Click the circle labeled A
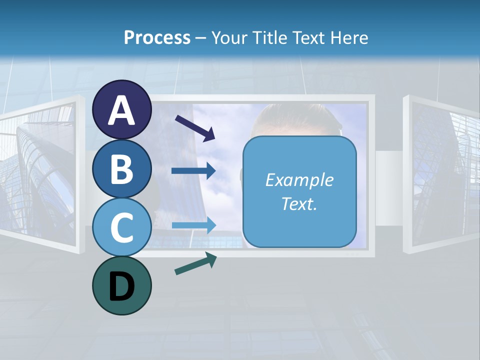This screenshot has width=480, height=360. (122, 109)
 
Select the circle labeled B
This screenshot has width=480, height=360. (122, 168)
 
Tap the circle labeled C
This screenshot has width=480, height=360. (122, 227)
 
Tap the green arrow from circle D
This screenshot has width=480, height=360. (195, 263)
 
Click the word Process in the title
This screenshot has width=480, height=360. (157, 37)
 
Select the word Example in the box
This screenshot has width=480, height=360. (299, 180)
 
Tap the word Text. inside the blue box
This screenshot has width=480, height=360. (299, 203)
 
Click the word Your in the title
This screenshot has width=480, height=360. (229, 37)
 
